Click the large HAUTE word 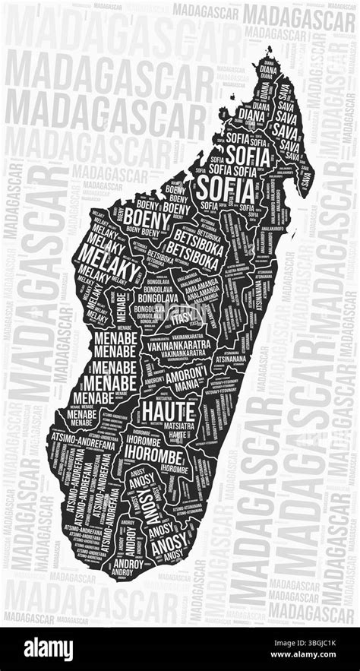point(169,411)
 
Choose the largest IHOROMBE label point(153,456)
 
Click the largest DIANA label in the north point(250,115)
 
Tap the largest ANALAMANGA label point(186,289)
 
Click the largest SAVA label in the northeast point(286,118)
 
